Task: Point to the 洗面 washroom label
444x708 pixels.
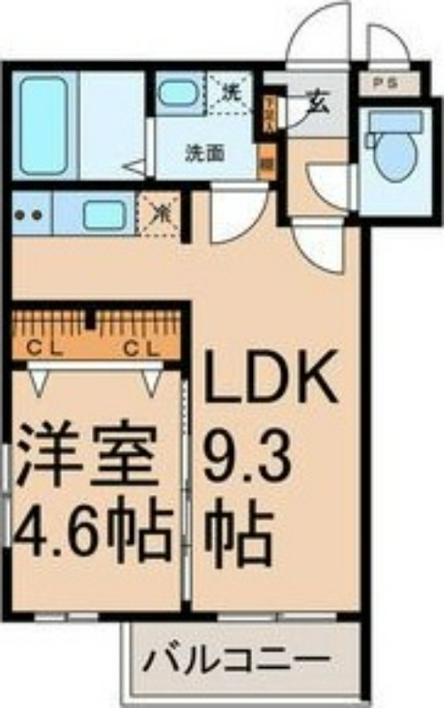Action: pyautogui.click(x=204, y=152)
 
